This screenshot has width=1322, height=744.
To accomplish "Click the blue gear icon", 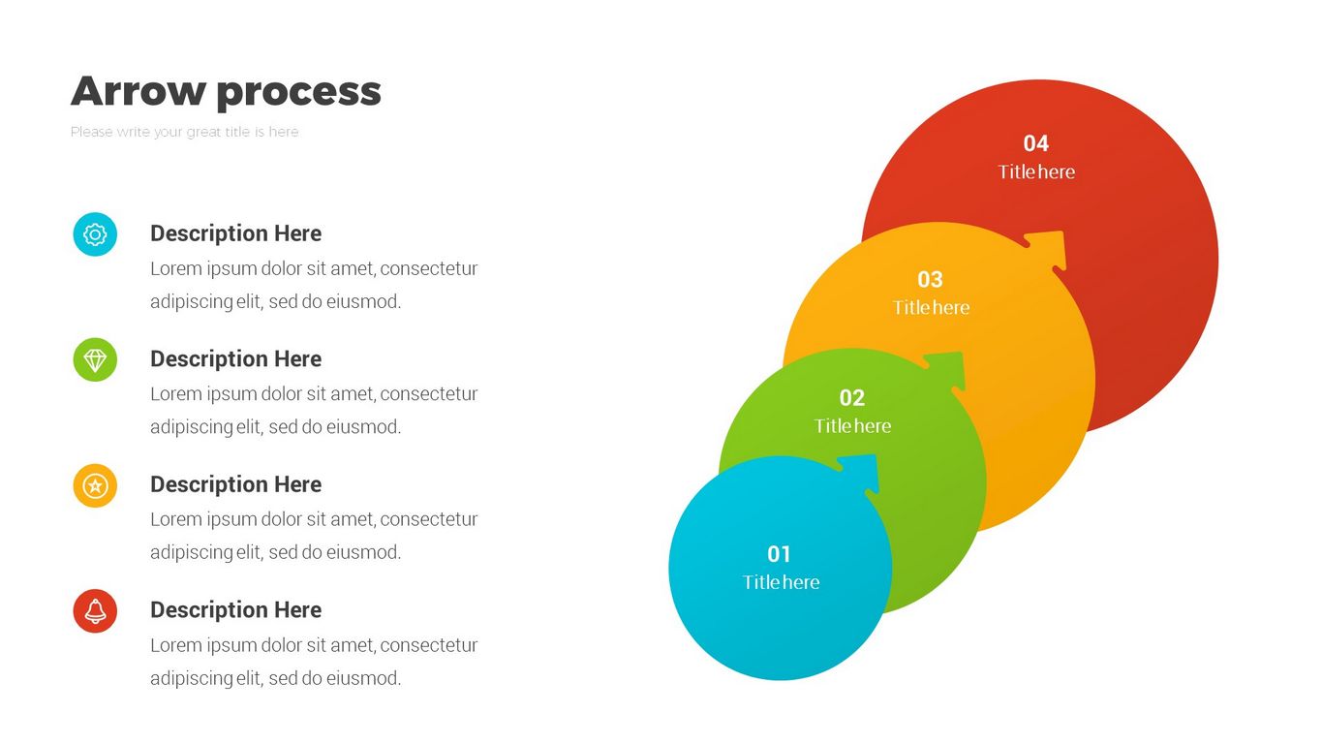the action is (95, 234).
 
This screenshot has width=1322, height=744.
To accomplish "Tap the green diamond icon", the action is (95, 359).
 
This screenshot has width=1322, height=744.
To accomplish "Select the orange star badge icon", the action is (95, 485).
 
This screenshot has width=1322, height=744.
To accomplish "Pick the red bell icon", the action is (95, 610).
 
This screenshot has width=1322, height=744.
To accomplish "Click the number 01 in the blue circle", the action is (779, 554).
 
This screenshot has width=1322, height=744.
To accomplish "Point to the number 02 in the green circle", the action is (852, 397).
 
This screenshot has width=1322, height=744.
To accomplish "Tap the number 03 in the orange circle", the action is (930, 279).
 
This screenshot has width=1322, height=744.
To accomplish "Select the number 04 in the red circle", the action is (1035, 143).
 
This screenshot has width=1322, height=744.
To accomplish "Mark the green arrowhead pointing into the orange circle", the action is (946, 371).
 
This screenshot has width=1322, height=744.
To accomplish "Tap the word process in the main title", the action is (299, 93).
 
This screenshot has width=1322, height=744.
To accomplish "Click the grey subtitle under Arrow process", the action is (185, 132).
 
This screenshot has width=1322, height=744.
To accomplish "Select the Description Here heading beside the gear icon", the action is (236, 233).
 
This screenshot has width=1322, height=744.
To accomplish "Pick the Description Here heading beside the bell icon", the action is (236, 610).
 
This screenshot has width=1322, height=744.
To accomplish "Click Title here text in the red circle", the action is (1036, 171).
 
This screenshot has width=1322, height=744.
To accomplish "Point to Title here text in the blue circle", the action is (781, 582).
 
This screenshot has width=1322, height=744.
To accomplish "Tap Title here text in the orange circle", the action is (932, 308).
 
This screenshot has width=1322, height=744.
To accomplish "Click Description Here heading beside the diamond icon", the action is (236, 359).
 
